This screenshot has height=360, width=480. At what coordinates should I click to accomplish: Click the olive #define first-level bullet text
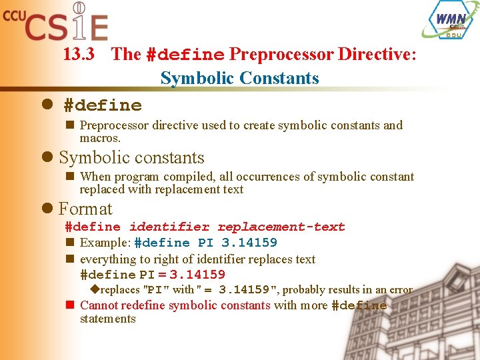(x=103, y=105)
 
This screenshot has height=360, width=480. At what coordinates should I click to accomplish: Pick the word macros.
(x=100, y=138)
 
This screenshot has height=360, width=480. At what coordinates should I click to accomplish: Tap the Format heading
(x=85, y=209)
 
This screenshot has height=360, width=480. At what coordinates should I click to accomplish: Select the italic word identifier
(x=169, y=227)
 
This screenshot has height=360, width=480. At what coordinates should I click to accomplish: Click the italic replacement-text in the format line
(x=281, y=227)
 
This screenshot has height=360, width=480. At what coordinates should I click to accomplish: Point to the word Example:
(x=105, y=243)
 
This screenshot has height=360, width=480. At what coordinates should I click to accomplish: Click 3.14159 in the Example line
(x=249, y=243)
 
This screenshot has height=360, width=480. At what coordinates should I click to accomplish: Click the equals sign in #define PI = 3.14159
(x=162, y=275)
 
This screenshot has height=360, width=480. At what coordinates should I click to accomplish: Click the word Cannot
(x=100, y=305)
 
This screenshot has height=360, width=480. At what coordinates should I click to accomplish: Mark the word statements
(x=107, y=319)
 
